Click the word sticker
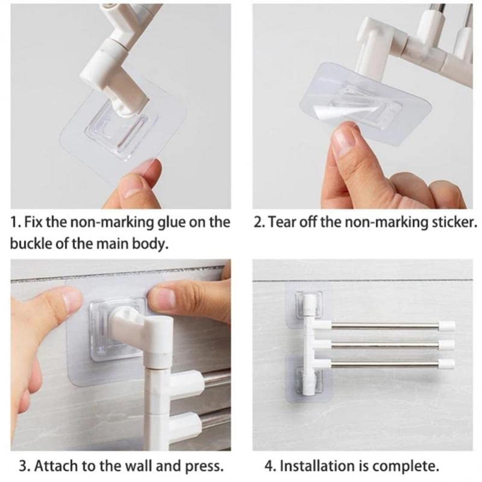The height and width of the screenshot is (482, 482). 454,222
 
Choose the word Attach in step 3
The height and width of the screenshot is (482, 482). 51,466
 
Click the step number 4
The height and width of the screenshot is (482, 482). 269,466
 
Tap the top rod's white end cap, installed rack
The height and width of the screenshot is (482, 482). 446,327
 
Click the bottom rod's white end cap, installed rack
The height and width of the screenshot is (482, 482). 446,363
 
